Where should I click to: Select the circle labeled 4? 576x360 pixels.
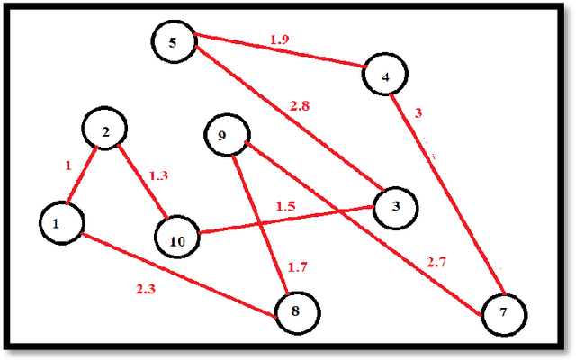(385, 76)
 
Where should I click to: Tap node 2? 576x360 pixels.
(105, 133)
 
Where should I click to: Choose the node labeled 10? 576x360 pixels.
(177, 241)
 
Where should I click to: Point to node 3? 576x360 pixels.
(396, 206)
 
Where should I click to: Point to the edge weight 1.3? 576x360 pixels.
(157, 175)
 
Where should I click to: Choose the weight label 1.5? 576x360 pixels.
(286, 206)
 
